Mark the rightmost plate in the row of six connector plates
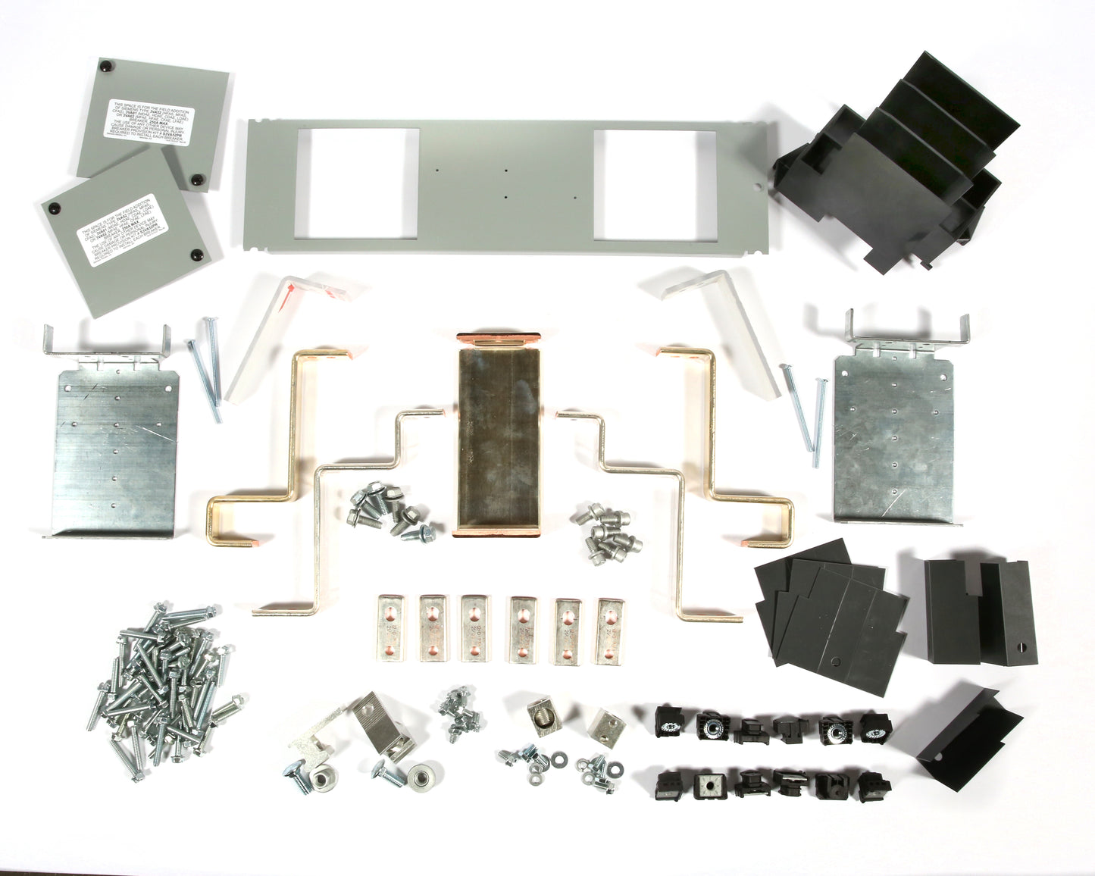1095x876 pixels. [612, 631]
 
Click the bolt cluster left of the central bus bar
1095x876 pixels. [383, 515]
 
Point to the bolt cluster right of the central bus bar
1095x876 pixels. [606, 530]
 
